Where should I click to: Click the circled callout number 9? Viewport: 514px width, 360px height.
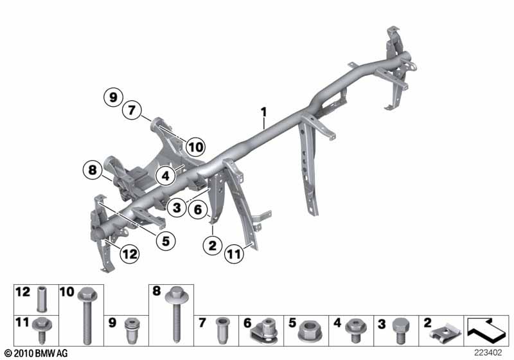coord(113,97)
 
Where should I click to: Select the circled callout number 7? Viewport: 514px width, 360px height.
coord(132,110)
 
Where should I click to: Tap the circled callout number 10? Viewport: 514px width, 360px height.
coord(196,147)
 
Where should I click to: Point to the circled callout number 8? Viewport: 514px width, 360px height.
coord(93,170)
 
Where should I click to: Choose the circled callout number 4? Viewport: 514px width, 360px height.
coord(166,176)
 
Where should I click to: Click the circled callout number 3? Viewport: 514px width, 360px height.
coord(177,207)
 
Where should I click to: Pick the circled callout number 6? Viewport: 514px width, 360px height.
coord(198,209)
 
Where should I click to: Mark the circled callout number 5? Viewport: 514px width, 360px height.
coord(166,241)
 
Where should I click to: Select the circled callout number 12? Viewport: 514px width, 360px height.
coord(130,254)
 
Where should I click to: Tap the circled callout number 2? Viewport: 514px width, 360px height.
coord(213,245)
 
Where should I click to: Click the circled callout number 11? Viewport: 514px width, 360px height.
coord(234,254)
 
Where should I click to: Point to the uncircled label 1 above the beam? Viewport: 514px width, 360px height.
coord(264,112)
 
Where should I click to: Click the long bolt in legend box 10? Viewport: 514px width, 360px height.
coord(87,315)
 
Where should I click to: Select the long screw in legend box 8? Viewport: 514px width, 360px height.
coord(176,314)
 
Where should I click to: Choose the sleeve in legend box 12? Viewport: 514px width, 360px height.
coord(42,299)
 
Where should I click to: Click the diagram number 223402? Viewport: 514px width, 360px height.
coord(488,352)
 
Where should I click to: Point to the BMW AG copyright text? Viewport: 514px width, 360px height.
coord(37,353)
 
